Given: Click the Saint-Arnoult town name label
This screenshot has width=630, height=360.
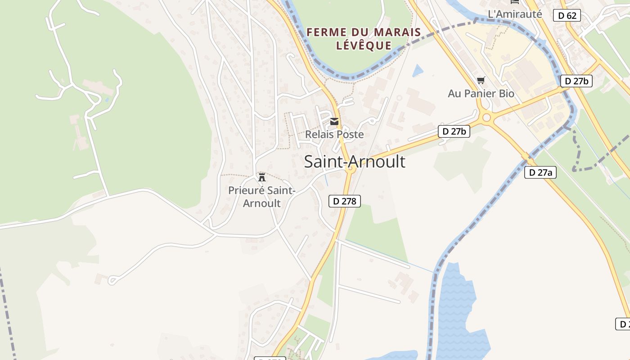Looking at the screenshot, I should pos(355,162).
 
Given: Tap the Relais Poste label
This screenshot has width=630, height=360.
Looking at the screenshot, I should pos(334,134).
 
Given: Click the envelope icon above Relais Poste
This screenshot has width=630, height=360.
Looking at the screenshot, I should pos(334,121).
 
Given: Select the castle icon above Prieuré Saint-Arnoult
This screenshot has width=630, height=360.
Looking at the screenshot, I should pos(262,177).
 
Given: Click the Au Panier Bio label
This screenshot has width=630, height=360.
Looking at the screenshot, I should pos(481,93).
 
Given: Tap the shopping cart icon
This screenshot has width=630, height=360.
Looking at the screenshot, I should pos(481,81).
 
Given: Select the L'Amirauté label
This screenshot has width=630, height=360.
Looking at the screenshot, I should pos(515,14).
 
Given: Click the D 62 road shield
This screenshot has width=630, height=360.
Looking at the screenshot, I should pos(567,15).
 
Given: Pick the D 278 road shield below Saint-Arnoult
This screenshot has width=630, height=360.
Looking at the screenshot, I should pos(345,201).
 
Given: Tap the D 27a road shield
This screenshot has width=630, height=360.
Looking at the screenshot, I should pos(540,172).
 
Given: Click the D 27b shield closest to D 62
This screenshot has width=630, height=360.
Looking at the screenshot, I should pos(576,81).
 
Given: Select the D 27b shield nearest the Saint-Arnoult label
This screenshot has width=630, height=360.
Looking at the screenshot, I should pos(454,131).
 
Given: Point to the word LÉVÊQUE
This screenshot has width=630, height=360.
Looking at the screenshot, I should pos(364,45).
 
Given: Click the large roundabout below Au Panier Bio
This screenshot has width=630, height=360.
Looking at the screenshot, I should pos(486,118).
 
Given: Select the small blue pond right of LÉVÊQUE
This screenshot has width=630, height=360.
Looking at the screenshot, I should pos(418,71).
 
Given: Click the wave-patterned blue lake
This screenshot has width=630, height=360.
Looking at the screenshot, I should pos(457,310).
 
